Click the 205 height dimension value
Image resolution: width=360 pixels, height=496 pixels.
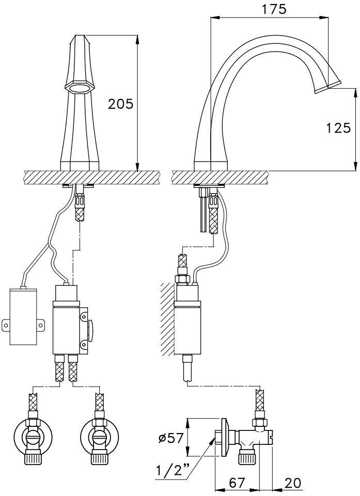[x=121, y=104]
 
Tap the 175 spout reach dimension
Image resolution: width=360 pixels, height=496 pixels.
[x=274, y=9]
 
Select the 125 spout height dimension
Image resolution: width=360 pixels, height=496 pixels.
[x=338, y=128]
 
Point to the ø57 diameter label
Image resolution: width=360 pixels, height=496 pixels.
[x=171, y=438]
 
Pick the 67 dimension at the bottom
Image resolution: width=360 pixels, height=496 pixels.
[x=237, y=483]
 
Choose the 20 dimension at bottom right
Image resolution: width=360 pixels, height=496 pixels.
[x=292, y=483]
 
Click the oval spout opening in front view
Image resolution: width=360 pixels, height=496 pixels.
[x=79, y=88]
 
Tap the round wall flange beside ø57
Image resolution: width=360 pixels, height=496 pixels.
[x=225, y=438]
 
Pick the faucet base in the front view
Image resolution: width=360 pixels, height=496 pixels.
[x=80, y=166]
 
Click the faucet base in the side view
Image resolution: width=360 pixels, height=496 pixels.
[x=211, y=166]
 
